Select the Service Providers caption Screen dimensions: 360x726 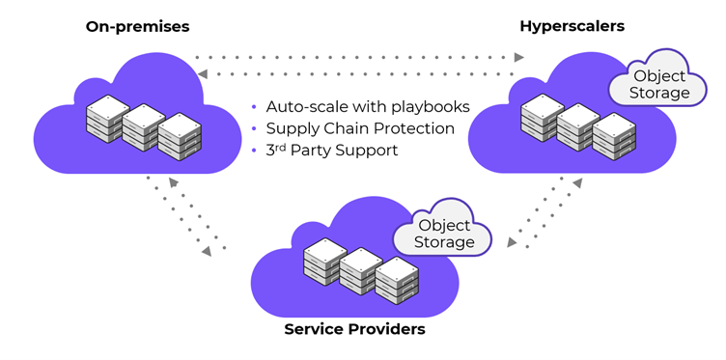click(354, 330)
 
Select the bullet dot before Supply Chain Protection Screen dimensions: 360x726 click(254, 128)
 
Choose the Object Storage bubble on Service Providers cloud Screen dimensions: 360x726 click(444, 233)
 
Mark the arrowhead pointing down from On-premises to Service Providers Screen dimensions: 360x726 click(206, 250)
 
